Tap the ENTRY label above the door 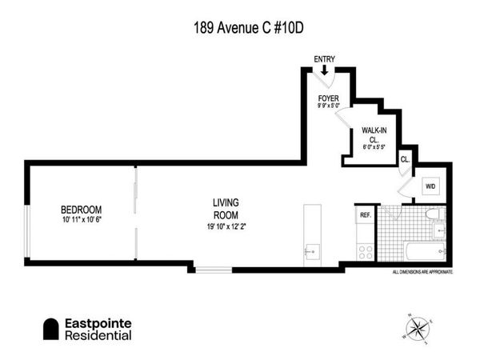point(325,58)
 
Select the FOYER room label point(329,98)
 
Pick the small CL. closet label point(406,158)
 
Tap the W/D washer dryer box point(430,188)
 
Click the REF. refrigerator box point(366,214)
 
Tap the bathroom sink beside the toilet point(438,233)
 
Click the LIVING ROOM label point(226,208)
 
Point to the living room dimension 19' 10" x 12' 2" point(226,226)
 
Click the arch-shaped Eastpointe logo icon point(52,329)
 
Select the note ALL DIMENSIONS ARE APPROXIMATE point(422,272)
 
